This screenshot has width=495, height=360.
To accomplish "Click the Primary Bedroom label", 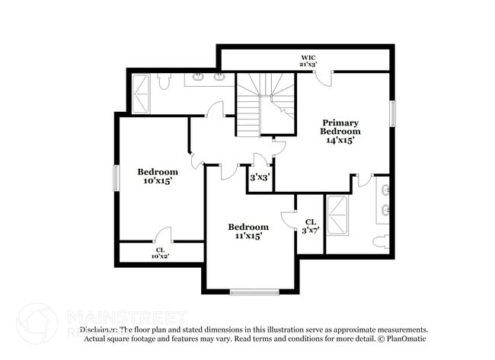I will point(340,131).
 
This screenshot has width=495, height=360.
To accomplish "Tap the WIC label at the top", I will point(308,60).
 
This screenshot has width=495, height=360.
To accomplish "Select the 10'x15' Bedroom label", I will point(158,177).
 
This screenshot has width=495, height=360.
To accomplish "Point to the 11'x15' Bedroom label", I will point(249,231).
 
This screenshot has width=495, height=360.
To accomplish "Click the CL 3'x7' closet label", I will point(310,226).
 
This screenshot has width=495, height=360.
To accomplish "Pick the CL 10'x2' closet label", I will point(160,253).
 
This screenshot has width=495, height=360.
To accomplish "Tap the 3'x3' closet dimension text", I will point(260,177).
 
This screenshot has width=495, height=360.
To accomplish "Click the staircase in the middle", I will point(263,104).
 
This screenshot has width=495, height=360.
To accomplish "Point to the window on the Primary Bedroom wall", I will point(393,113).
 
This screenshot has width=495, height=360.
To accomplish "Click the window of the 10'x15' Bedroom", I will point(117,178).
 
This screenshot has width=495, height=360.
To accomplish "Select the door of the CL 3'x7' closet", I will point(288,219).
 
